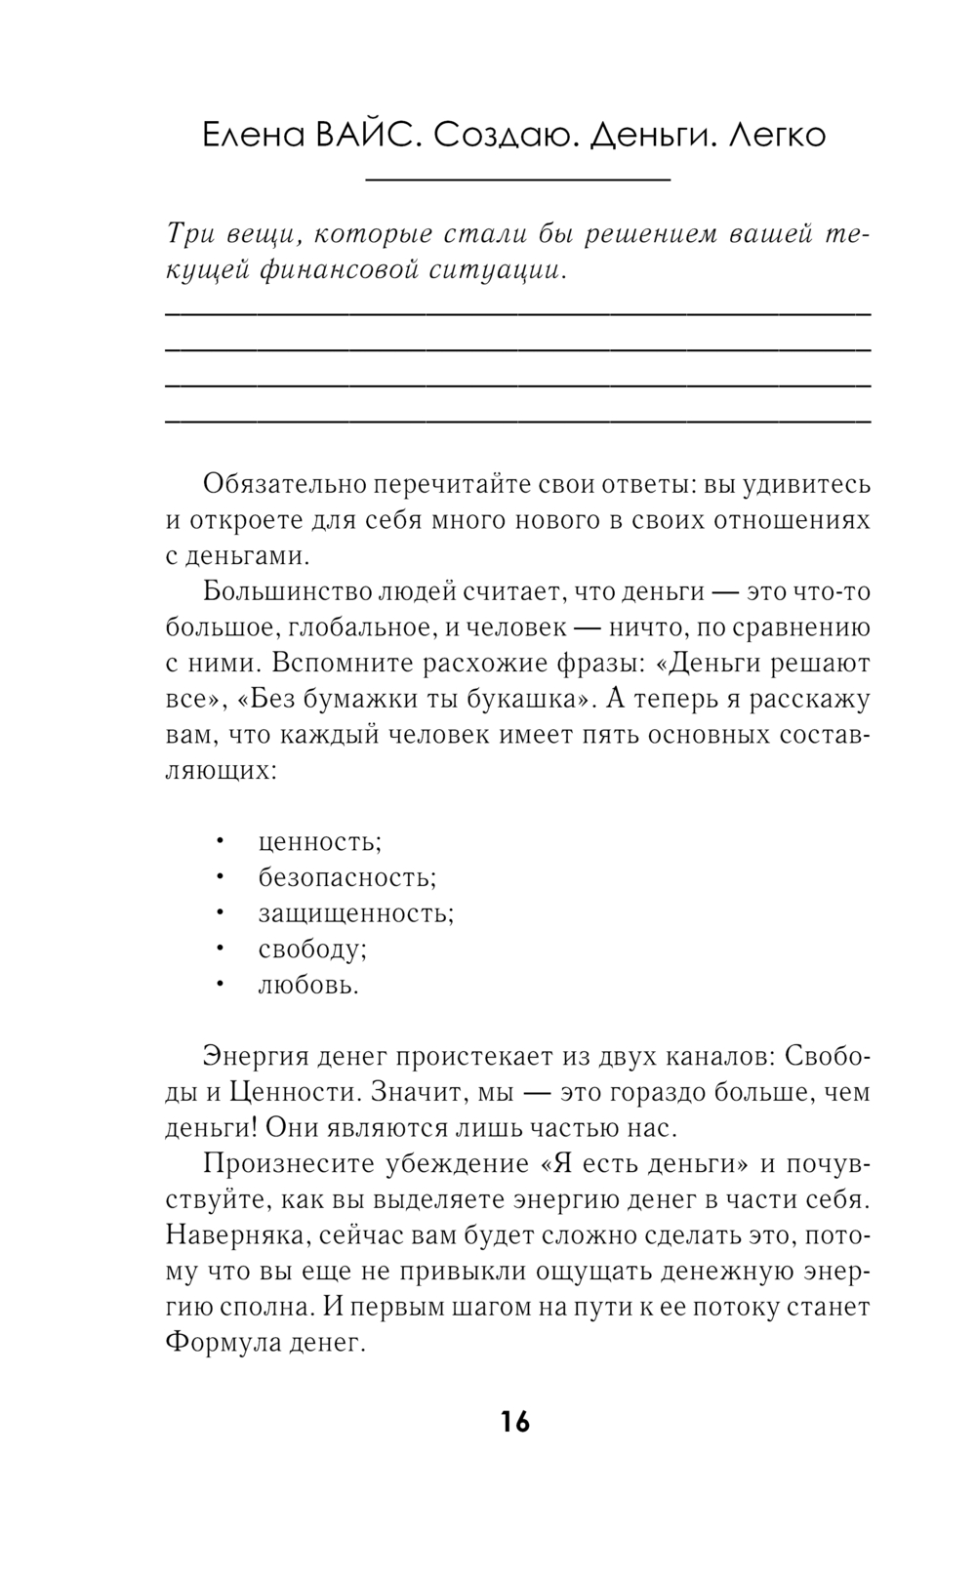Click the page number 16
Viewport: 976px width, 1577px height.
pos(515,1422)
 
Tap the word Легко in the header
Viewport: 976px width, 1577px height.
pos(777,135)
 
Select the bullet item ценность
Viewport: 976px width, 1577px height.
pos(319,841)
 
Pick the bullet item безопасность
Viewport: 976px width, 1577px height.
pos(346,877)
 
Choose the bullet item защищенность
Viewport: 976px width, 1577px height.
pos(355,913)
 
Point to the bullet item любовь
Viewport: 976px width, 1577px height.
pos(308,985)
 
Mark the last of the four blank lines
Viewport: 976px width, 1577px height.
pos(517,422)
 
